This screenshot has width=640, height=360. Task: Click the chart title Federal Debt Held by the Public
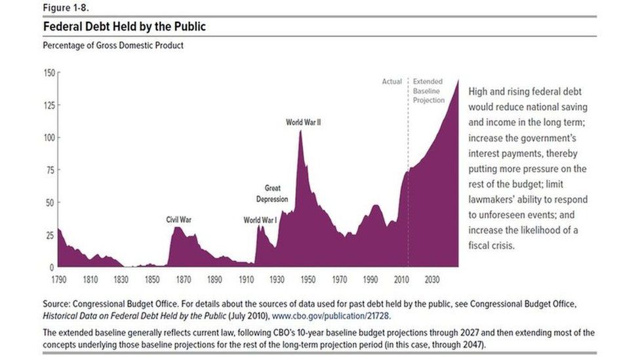(x=125, y=27)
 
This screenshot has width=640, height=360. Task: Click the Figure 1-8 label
(x=64, y=7)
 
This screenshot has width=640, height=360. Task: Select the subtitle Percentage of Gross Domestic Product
(x=113, y=45)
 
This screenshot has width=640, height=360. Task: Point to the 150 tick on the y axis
(x=49, y=73)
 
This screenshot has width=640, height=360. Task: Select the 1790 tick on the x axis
(x=58, y=279)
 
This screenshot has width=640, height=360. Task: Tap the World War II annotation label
(x=303, y=122)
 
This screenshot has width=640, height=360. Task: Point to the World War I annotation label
(x=260, y=220)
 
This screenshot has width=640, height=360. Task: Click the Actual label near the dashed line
(x=391, y=82)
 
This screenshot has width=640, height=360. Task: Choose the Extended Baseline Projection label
(x=428, y=91)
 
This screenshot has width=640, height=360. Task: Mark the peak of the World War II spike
(x=300, y=131)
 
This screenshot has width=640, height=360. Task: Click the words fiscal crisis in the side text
(x=491, y=246)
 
